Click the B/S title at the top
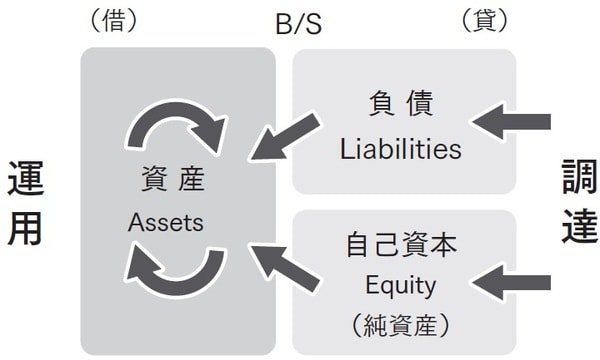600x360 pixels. click(300, 23)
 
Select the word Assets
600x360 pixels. click(166, 222)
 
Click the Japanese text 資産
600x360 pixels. click(167, 181)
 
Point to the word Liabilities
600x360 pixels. click(400, 150)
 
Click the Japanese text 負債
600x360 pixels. click(400, 105)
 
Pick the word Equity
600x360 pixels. click(400, 286)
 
